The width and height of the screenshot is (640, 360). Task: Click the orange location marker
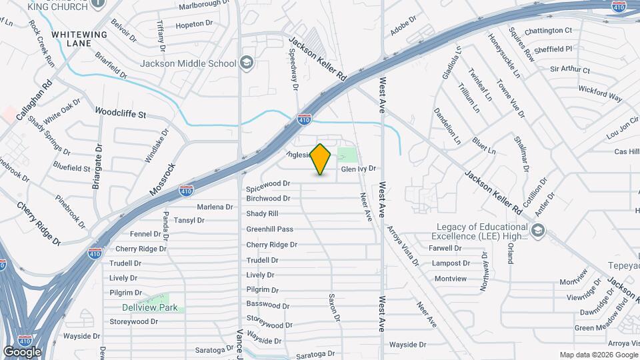(x=321, y=159)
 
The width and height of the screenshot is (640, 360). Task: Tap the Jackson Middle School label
(x=188, y=64)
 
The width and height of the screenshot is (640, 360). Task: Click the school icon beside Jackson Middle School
(x=247, y=63)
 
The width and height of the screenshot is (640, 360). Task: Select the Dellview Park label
(x=149, y=307)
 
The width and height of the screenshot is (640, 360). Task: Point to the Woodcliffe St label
(x=120, y=113)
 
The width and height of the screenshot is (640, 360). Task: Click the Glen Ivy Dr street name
(x=359, y=169)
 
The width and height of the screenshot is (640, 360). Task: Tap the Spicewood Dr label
(x=269, y=183)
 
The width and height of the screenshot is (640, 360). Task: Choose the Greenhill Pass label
(x=269, y=229)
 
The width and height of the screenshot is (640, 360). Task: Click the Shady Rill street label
(x=262, y=213)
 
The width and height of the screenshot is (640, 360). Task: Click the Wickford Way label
(x=600, y=93)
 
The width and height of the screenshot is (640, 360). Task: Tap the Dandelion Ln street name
(x=447, y=127)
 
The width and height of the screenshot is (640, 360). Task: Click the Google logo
(x=22, y=351)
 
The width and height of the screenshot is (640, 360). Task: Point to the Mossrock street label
(x=162, y=179)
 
